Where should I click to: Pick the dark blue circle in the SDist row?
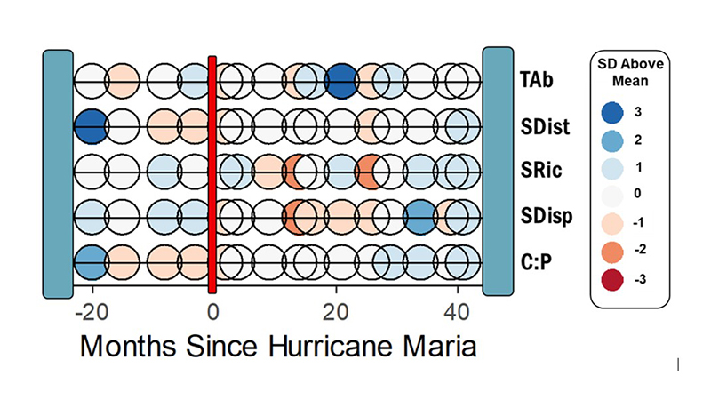pyautogui.click(x=90, y=126)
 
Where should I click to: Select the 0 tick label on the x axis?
pyautogui.click(x=212, y=312)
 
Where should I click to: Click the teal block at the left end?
pyautogui.click(x=58, y=172)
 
